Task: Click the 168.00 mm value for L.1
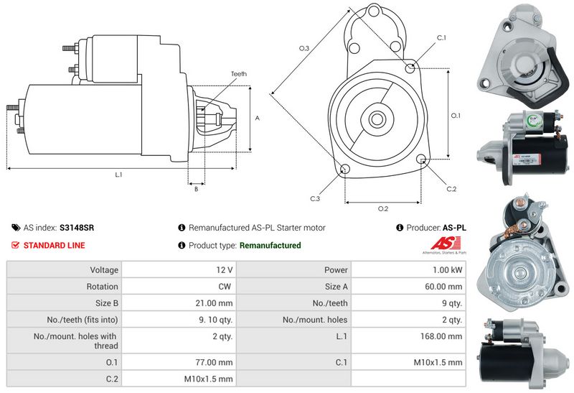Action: point(441,336)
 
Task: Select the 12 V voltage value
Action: point(224,270)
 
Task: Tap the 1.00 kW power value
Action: point(447,270)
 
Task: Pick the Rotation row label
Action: point(102,287)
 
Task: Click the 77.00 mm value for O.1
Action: point(214,363)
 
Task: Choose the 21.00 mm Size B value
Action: point(214,303)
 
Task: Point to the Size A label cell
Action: point(336,287)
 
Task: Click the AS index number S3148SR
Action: point(77,228)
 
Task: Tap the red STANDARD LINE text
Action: point(55,245)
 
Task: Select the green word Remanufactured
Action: point(270,245)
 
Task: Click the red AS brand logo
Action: point(445,244)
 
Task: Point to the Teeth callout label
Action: point(239,74)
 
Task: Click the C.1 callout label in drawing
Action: point(441,38)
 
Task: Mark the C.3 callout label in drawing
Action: point(315,199)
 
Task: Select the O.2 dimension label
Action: point(383,209)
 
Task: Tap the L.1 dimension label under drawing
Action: point(118,175)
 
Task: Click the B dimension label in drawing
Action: point(196,189)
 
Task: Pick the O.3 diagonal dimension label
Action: point(304,48)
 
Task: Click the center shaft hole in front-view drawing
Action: point(376,119)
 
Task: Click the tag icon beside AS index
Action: point(16,228)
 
